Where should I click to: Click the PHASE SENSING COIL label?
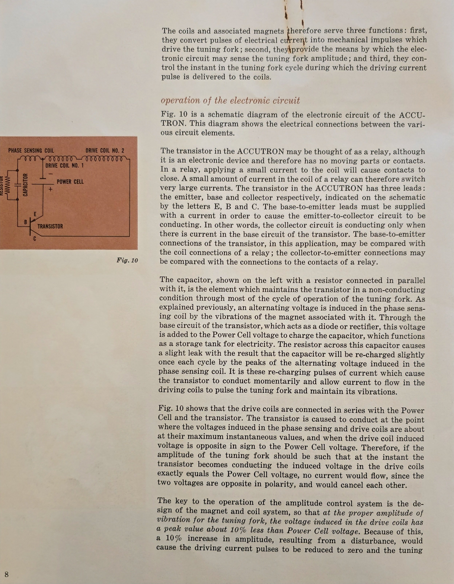[x=31, y=151]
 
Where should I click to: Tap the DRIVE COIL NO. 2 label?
[x=105, y=151]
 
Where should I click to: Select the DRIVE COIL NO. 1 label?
[x=64, y=165]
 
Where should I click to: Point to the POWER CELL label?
[x=70, y=182]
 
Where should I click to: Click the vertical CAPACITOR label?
[x=26, y=185]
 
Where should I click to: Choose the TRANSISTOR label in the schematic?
[x=50, y=227]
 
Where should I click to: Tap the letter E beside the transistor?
[x=35, y=214]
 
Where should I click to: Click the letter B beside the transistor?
[x=26, y=222]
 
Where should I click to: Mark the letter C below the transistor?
[x=35, y=239]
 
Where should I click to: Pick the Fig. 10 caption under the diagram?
[x=127, y=260]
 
